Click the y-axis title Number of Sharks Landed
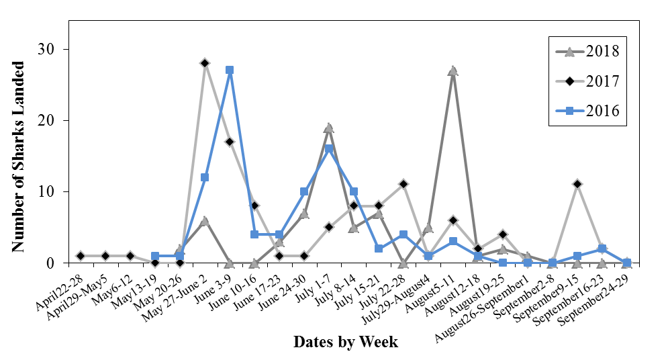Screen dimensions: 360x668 tap(18, 157)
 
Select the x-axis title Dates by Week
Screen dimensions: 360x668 tap(345, 342)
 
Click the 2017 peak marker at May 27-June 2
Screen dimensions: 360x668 tap(205, 63)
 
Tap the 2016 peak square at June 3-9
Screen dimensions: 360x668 tap(230, 70)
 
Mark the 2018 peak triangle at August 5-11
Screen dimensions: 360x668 tap(453, 71)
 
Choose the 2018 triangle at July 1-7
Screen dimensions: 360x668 tap(329, 128)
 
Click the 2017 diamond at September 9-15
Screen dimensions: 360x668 tap(577, 184)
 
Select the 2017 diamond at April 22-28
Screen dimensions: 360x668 tap(81, 256)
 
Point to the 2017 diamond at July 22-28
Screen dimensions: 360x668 tap(403, 184)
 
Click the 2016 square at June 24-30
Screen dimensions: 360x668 tap(304, 191)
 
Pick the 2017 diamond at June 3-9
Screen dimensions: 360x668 tap(230, 142)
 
